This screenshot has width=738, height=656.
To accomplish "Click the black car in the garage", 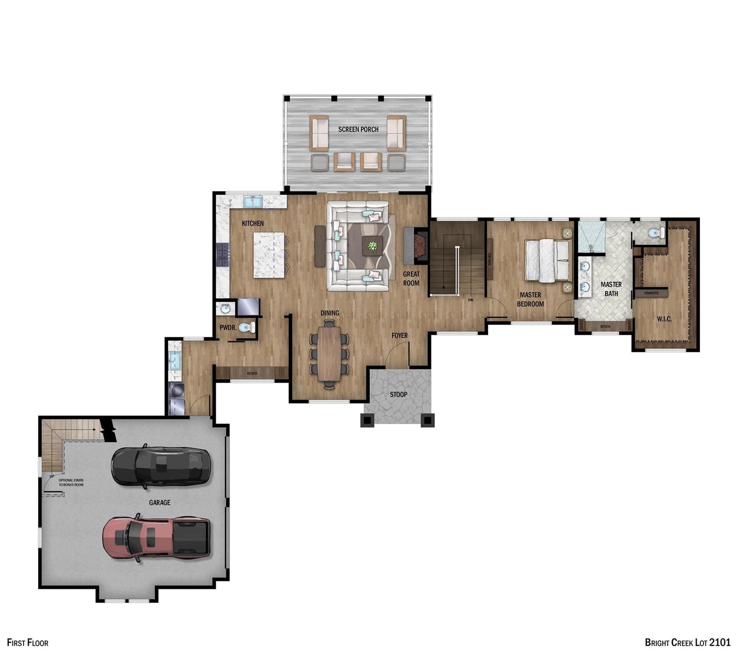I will tap(161, 466).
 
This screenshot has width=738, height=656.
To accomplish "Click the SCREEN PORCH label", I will tap(358, 129).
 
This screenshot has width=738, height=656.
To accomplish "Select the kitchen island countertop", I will tap(269, 255).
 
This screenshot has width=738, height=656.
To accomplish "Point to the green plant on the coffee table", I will tap(373, 246).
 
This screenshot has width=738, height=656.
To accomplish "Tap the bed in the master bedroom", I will tap(548, 261).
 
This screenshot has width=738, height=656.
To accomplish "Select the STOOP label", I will tap(398, 395).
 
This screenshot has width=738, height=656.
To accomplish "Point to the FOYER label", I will tap(399, 336).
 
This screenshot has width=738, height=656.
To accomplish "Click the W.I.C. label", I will tap(664, 319).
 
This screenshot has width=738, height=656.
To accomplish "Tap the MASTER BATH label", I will tap(611, 289).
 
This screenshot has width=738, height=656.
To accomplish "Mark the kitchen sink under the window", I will tap(253, 201).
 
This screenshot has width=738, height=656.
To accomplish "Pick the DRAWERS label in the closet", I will tap(651, 293).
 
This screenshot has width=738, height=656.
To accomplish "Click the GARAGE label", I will tap(160, 503).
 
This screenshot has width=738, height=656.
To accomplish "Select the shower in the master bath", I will tap(591, 236).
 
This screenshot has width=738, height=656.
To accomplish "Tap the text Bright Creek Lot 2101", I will tap(687, 642).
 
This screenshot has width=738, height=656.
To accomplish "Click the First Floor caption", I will tap(28, 642).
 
